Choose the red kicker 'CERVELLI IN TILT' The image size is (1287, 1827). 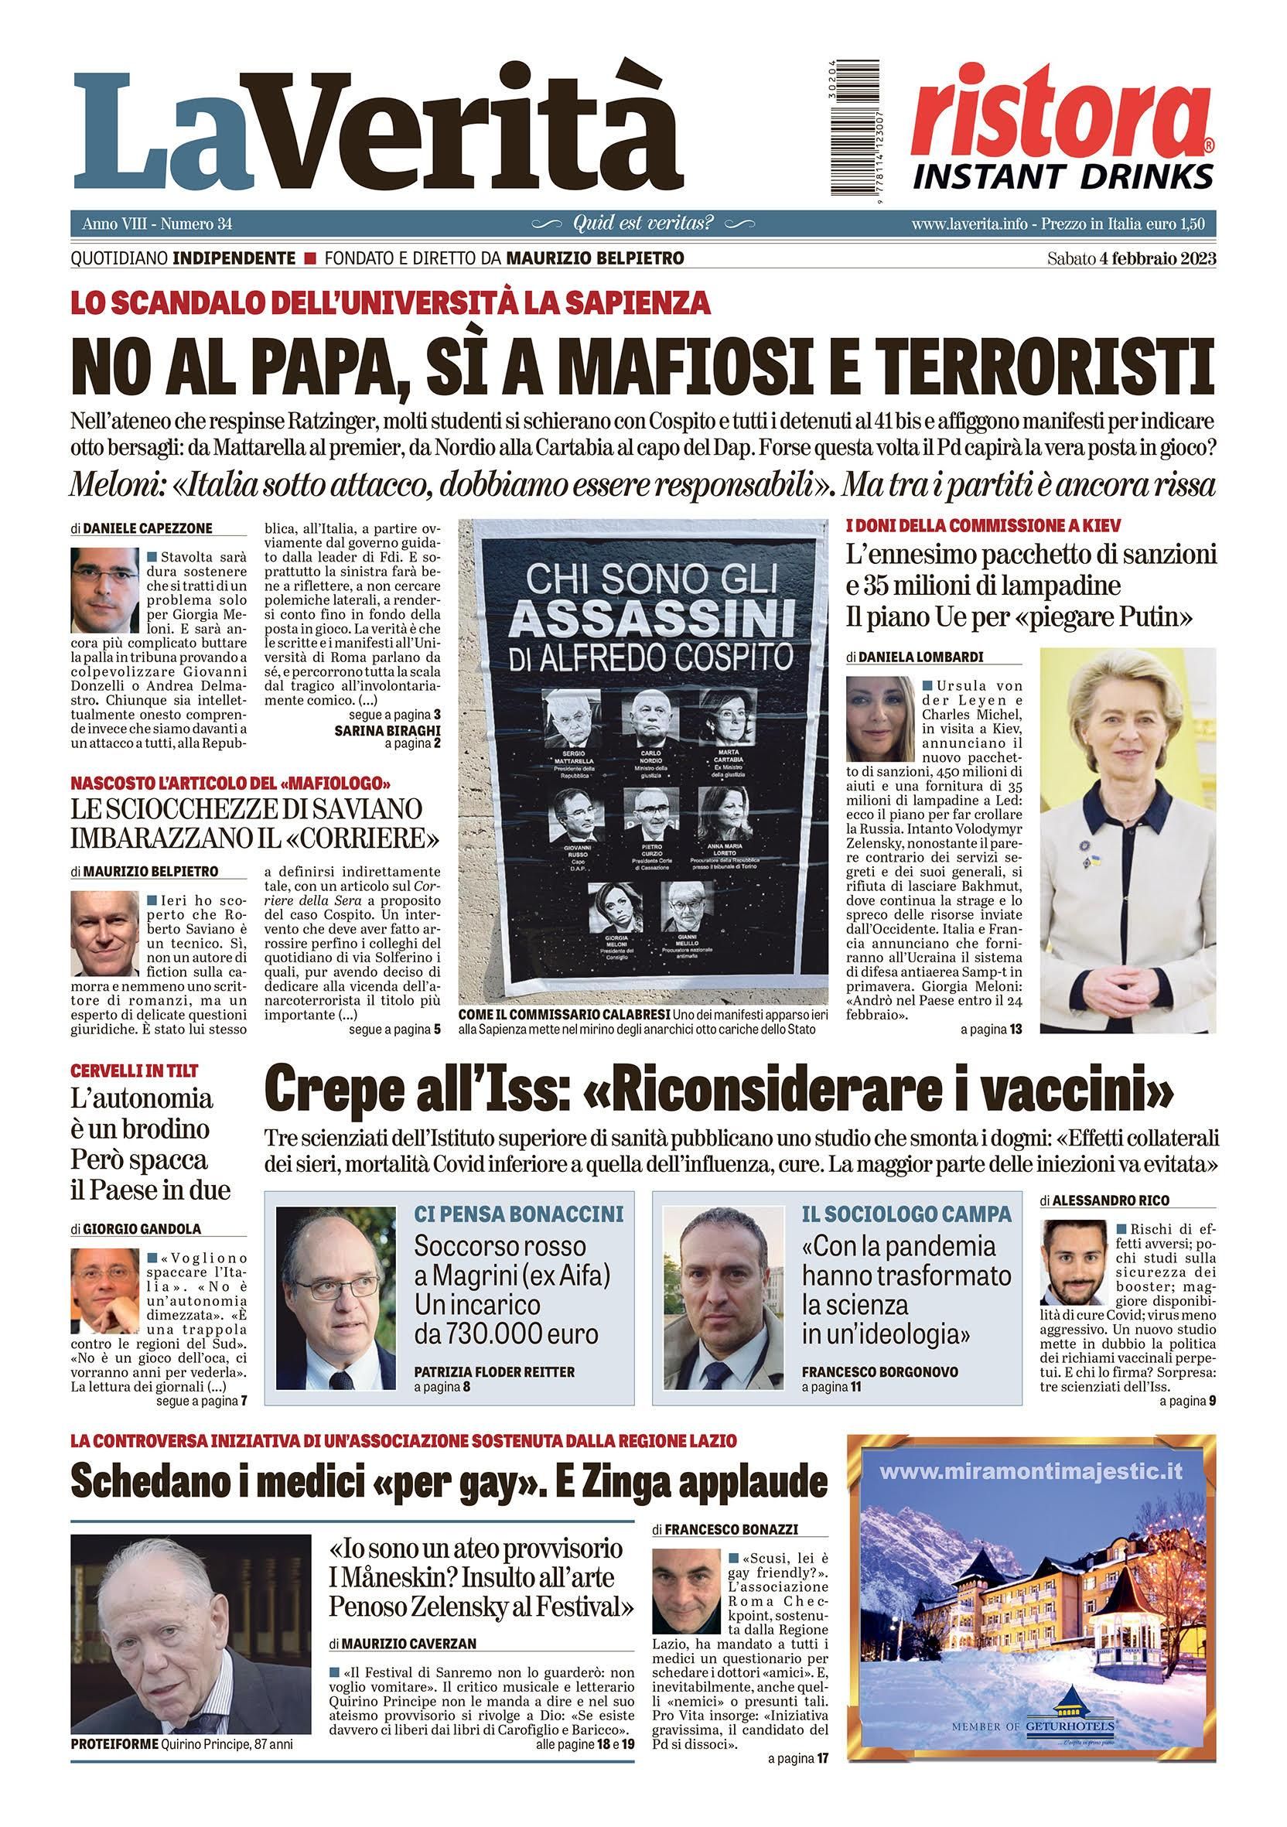(135, 1071)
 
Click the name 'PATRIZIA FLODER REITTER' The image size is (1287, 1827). (494, 1372)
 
